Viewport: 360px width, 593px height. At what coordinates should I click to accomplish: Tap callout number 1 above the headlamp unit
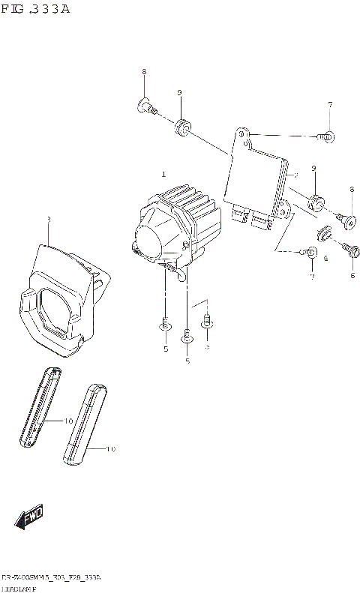[163, 174]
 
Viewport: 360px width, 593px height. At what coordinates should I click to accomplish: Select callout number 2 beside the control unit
[296, 175]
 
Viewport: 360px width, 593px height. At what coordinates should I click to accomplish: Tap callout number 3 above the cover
[48, 220]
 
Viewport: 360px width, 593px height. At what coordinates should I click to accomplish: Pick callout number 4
[325, 259]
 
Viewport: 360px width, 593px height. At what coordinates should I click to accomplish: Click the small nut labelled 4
[325, 234]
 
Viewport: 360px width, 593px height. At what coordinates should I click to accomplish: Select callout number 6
[352, 275]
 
